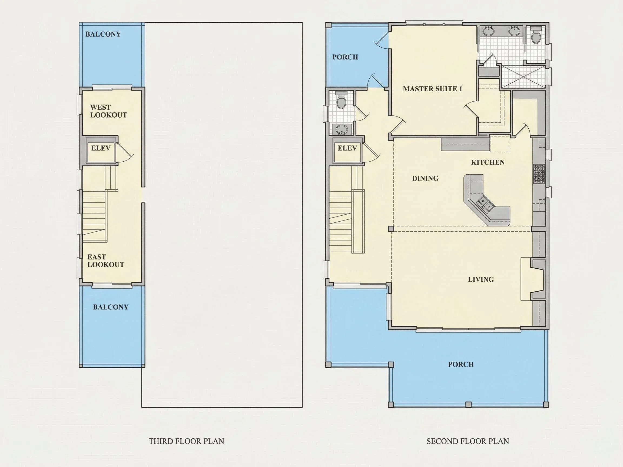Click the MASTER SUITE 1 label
pos(432,89)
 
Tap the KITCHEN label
pos(488,162)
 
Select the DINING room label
pos(425,178)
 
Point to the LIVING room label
pos(481,279)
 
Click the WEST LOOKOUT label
pos(108,111)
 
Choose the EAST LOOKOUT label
pos(106,261)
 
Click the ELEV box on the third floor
pos(101,150)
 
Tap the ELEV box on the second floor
pos(347,150)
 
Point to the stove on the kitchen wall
pos(539,174)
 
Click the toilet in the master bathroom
pos(536,35)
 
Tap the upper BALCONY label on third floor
pos(103,34)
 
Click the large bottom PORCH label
pos(461,364)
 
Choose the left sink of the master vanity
pos(488,31)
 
